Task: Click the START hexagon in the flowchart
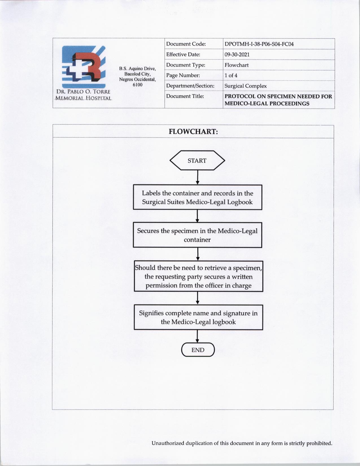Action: tap(197, 160)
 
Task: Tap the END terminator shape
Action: tap(198, 350)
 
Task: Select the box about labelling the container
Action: tap(197, 197)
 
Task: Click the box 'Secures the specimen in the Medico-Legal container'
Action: tap(197, 235)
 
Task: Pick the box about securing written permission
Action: tap(198, 276)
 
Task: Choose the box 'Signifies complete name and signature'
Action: tap(198, 317)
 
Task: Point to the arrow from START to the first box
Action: tap(197, 177)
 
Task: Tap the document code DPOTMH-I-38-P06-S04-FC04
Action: tap(259, 44)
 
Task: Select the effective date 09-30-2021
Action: tap(237, 55)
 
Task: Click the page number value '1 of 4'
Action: tap(231, 75)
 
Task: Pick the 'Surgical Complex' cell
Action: tap(245, 86)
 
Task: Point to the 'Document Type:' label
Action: tap(186, 65)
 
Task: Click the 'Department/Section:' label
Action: tap(190, 86)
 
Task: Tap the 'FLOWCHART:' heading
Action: tap(193, 132)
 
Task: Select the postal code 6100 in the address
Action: tap(138, 85)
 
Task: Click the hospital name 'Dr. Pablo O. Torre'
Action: tap(83, 92)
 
